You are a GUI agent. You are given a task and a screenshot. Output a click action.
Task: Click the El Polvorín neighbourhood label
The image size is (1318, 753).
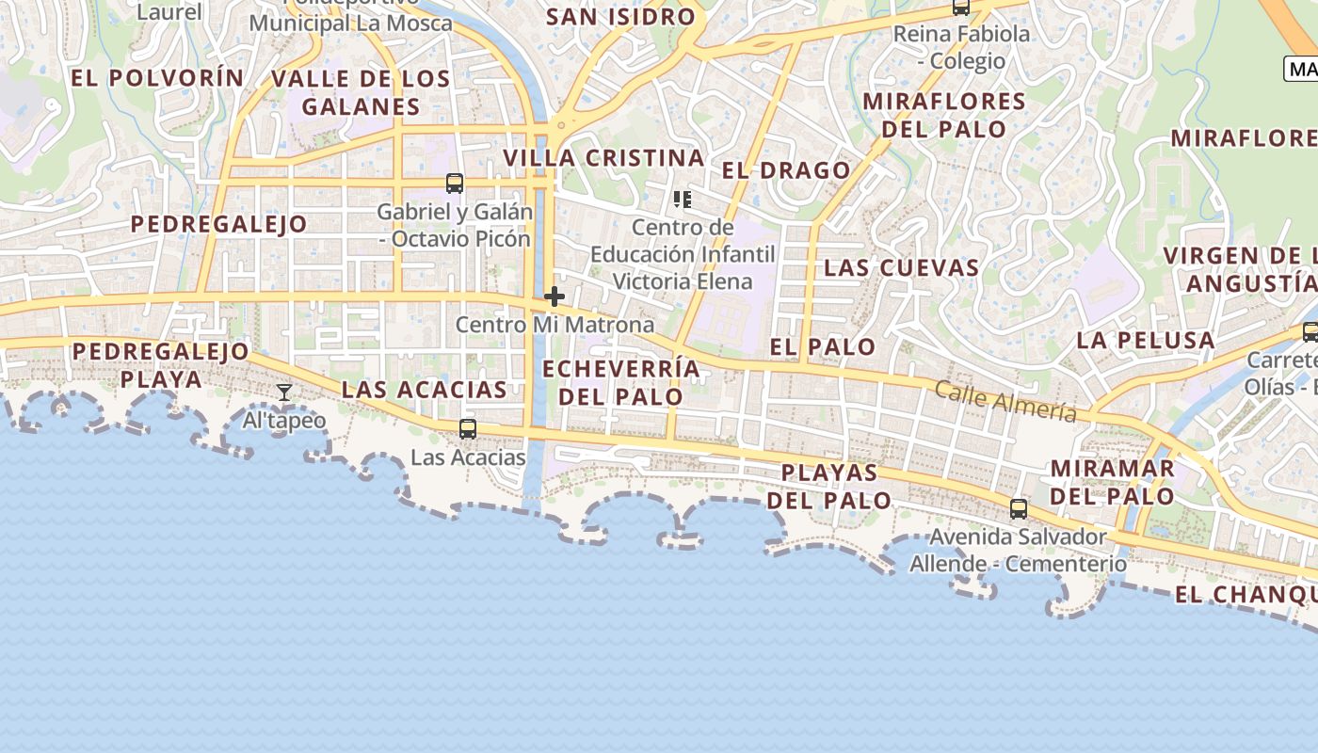click(x=157, y=78)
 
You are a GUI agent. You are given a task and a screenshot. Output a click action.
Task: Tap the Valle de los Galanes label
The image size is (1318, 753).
click(x=361, y=92)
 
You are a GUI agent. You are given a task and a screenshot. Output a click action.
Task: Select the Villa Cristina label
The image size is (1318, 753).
click(x=604, y=158)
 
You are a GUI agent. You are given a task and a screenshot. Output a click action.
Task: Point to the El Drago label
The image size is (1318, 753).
click(x=786, y=170)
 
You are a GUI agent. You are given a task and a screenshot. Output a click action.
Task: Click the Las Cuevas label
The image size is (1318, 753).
click(x=902, y=268)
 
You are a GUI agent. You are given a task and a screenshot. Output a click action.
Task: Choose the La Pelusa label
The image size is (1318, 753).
click(x=1146, y=341)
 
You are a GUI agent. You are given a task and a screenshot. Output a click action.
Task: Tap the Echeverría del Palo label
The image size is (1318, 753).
click(x=621, y=382)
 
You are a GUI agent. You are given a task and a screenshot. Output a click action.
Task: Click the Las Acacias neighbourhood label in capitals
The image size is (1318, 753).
click(x=424, y=390)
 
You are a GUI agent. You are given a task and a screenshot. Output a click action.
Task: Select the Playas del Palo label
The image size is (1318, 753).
click(x=829, y=486)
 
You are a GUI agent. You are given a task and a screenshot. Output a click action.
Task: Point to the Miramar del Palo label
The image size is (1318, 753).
click(x=1112, y=482)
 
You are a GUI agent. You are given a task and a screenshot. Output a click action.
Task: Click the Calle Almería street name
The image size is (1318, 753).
click(x=1005, y=402)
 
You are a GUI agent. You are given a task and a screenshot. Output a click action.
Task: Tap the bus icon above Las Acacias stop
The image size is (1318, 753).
click(x=468, y=429)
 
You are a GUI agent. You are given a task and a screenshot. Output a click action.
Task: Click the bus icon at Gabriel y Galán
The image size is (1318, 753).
click(x=455, y=184)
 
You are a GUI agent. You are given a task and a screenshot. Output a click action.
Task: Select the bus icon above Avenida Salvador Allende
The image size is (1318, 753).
click(x=1019, y=509)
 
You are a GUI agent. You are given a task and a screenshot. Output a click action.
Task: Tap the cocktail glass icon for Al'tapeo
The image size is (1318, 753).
click(x=284, y=393)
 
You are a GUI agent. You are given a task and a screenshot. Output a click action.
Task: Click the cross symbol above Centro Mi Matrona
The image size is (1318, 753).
click(x=555, y=297)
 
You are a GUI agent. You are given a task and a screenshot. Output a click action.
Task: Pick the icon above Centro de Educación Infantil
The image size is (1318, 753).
click(x=683, y=200)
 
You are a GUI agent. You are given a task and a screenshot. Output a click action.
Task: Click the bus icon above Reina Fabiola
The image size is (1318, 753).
click(x=961, y=8)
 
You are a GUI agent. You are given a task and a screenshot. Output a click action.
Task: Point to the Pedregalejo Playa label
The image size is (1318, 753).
click(x=161, y=365)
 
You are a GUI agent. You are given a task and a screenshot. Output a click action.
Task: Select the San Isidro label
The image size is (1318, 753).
click(x=620, y=17)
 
